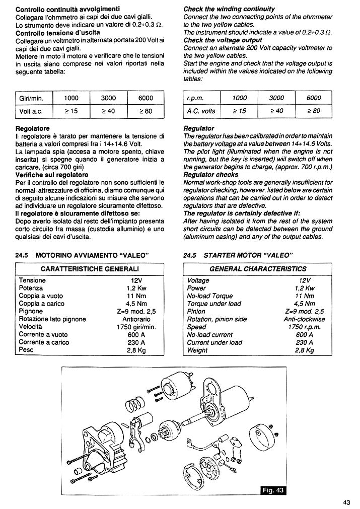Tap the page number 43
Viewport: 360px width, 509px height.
point(347,502)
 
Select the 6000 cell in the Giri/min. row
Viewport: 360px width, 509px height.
point(146,98)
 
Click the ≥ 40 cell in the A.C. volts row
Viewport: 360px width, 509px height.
point(276,111)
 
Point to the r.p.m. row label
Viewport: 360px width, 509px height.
point(194,98)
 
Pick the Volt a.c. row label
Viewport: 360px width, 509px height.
point(30,111)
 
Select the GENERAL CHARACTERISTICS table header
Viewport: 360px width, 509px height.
point(258,269)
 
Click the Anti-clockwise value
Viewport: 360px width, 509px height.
point(304,319)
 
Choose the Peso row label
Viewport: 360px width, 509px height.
point(26,350)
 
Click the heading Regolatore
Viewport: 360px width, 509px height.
point(33,128)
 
